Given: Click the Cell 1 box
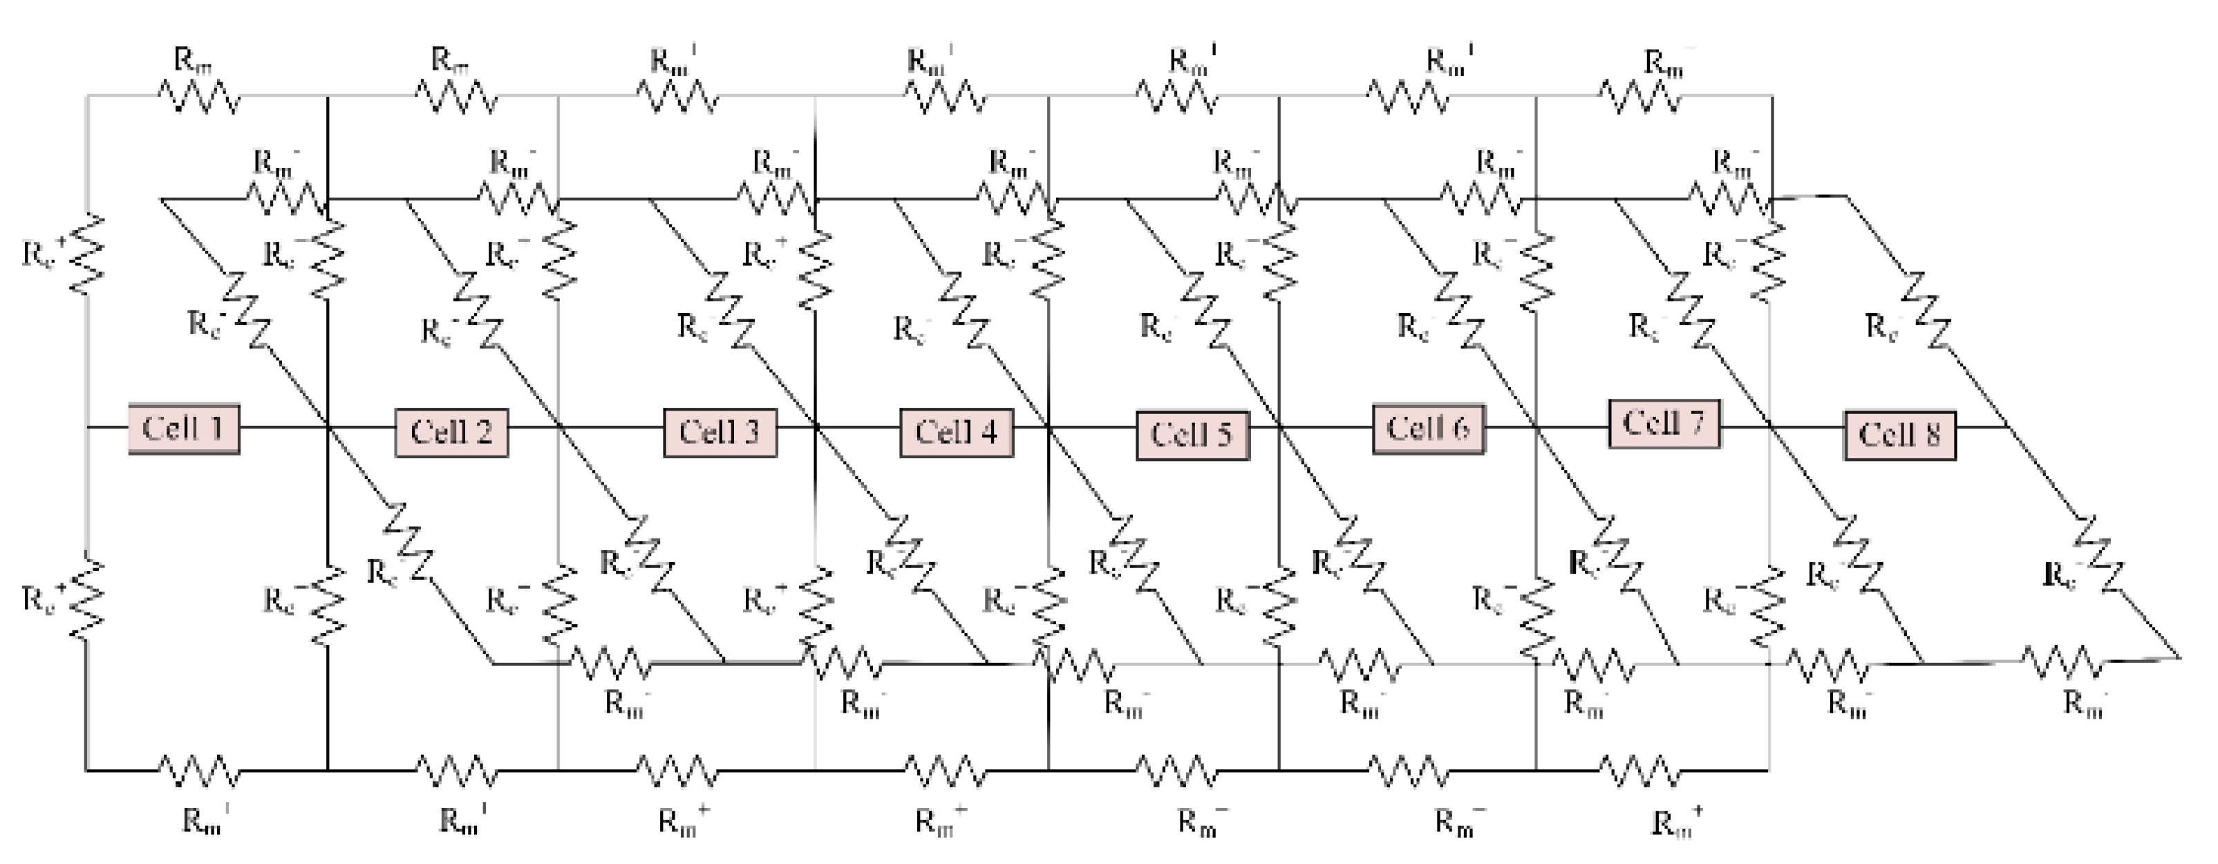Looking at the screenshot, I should pyautogui.click(x=183, y=428).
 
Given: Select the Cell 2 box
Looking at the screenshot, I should pyautogui.click(x=451, y=431).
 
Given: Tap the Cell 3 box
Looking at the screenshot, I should pyautogui.click(x=720, y=431).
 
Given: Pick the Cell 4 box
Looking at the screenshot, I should pyautogui.click(x=956, y=431).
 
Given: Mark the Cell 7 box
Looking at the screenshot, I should pyautogui.click(x=1664, y=423).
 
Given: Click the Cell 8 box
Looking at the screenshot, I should pyautogui.click(x=1899, y=435).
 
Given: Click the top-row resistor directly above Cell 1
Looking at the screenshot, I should pyautogui.click(x=200, y=97).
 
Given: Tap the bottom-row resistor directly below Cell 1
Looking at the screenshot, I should pyautogui.click(x=200, y=771).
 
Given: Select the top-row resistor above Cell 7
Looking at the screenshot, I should pyautogui.click(x=1640, y=97).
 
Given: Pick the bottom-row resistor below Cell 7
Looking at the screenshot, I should pyautogui.click(x=1640, y=771).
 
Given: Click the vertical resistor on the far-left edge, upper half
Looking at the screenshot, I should pyautogui.click(x=87, y=254).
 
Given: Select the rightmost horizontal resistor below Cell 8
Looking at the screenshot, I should pyautogui.click(x=2062, y=664).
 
